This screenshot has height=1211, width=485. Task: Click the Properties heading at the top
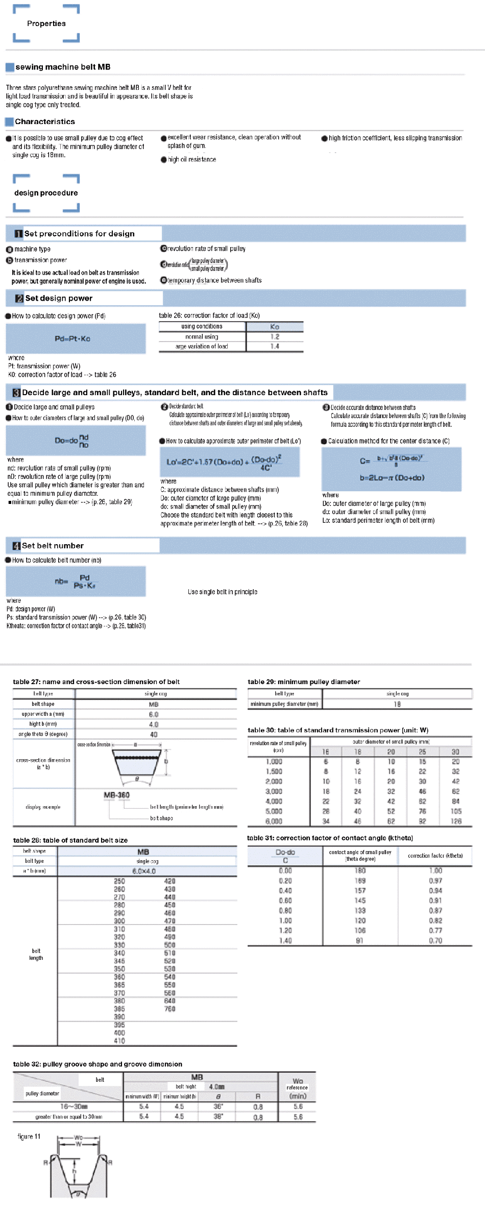tap(46, 23)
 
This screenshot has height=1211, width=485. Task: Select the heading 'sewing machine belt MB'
tap(63, 67)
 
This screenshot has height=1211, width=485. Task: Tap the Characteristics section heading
tap(45, 122)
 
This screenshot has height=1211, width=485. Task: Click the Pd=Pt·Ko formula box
tap(76, 338)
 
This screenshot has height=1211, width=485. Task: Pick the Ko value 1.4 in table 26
tap(275, 346)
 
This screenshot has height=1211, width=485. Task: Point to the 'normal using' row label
tap(202, 336)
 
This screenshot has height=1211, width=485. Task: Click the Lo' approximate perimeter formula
tap(230, 462)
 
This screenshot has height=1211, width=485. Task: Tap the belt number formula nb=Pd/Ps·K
tap(76, 582)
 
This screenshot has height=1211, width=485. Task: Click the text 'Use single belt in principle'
tap(223, 592)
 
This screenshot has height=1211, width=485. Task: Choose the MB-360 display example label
tap(116, 795)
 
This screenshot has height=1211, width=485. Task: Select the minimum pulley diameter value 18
tap(397, 704)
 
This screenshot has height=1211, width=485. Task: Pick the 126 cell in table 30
tap(456, 821)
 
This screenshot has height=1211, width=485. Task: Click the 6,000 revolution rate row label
tap(274, 821)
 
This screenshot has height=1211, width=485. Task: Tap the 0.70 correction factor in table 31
tap(435, 940)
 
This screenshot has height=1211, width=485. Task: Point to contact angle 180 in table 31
tap(360, 870)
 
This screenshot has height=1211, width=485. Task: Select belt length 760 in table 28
tap(169, 1009)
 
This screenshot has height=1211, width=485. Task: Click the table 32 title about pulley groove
tap(98, 1064)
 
